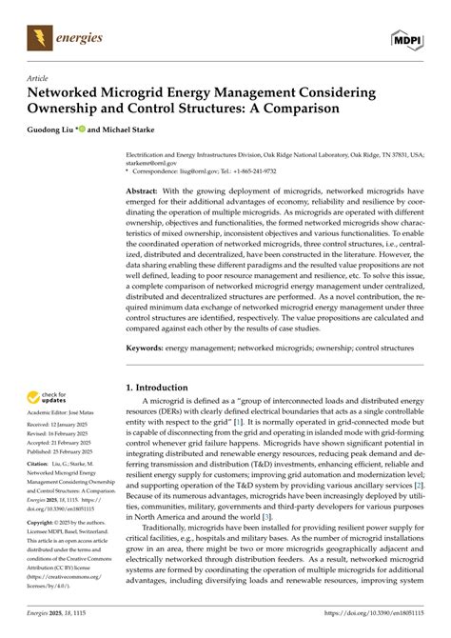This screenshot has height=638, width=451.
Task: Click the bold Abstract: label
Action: [147, 191]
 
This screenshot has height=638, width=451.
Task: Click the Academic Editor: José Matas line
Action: [58, 421]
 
